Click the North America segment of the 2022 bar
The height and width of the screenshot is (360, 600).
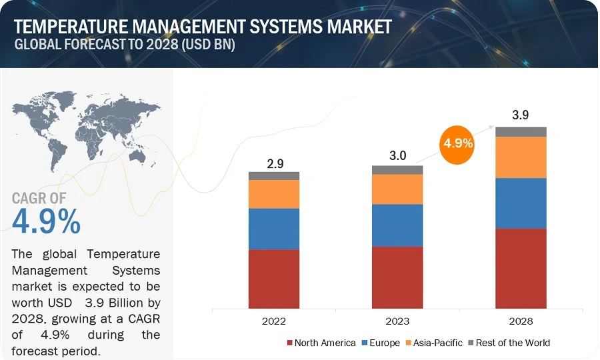274,279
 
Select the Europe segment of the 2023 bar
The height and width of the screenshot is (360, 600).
397,225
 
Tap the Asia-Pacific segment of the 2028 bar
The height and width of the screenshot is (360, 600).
521,157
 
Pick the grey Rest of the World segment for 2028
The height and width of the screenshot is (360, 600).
521,132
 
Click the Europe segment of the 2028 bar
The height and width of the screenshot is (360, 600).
521,203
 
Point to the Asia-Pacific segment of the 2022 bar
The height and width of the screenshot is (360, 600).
274,194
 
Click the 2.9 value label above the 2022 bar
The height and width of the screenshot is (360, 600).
274,163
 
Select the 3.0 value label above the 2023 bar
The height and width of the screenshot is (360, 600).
398,156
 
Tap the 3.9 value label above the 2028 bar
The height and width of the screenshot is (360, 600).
521,115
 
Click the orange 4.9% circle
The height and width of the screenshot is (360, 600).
457,143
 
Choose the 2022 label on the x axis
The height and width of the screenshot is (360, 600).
274,321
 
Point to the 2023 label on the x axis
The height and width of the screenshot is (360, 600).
397,321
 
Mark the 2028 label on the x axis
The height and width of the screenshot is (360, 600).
521,321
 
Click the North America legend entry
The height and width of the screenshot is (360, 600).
321,343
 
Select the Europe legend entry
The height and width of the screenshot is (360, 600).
380,343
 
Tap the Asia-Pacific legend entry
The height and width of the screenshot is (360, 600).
434,343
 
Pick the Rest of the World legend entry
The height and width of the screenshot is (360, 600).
511,343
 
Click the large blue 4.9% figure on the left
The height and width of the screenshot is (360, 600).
46,222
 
